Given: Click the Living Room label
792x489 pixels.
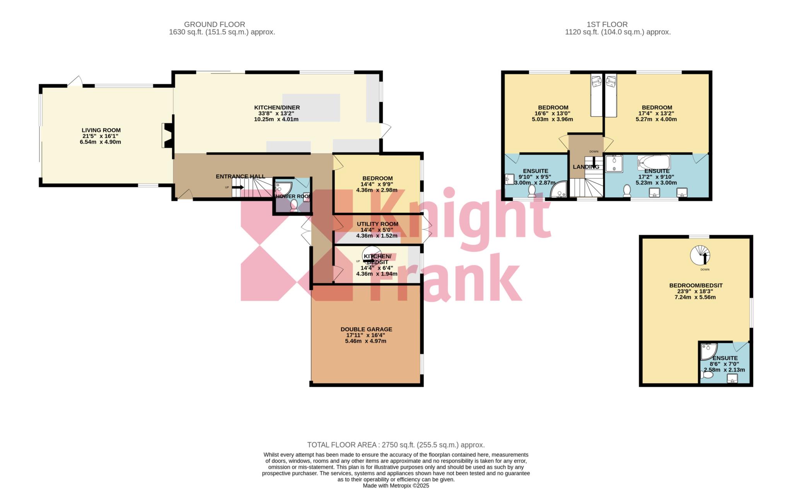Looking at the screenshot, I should coord(101,130).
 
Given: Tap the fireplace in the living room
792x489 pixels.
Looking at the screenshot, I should coord(167,135).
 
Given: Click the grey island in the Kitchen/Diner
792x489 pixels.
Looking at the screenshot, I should coord(312,107).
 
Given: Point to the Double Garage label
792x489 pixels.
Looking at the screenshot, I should coord(366,329).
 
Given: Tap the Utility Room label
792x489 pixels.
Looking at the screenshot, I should coord(377,224).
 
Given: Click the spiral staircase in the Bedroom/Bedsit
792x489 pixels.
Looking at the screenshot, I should coord(700,256).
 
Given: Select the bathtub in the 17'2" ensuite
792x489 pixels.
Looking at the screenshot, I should coord(654,162).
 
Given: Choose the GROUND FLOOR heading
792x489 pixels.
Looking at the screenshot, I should coord(214,24).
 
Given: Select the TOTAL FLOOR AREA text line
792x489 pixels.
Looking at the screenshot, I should coord(396,445).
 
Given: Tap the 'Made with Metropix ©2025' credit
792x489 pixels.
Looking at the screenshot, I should coord(396,486).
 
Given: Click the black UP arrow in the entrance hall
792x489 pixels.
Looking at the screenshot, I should coord(238,187).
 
